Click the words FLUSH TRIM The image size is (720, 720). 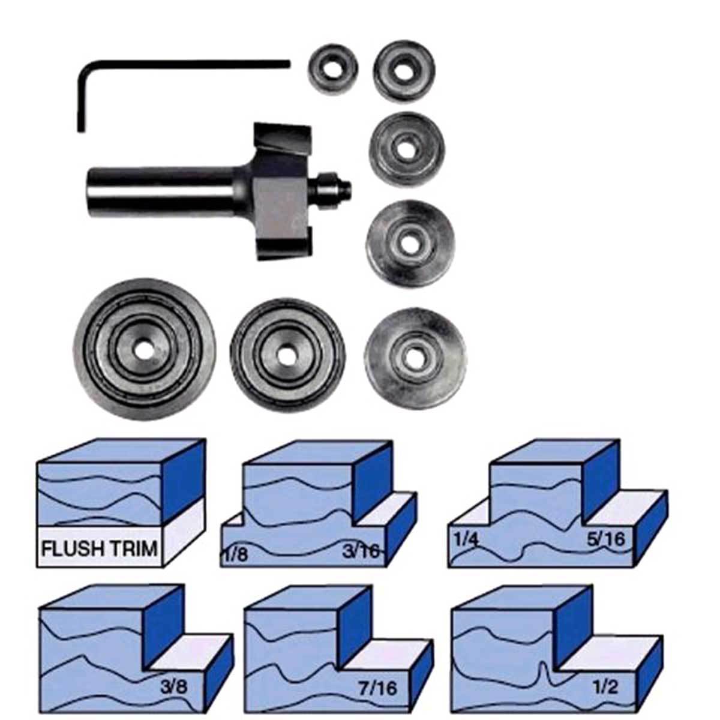[100, 548]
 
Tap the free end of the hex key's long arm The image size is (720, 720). [287, 63]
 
